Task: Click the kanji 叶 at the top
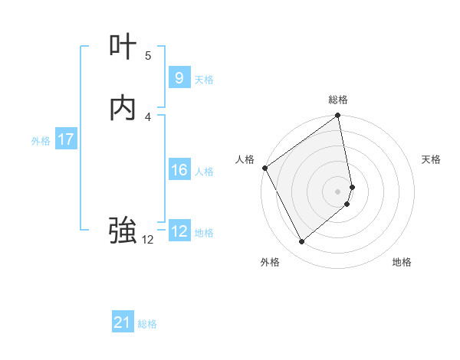tap(123, 48)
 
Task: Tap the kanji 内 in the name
tap(123, 109)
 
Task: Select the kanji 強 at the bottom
tap(123, 229)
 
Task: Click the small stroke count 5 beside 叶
tap(148, 56)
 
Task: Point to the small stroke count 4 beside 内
tap(148, 116)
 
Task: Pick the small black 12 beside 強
tap(147, 240)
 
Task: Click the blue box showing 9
tap(179, 77)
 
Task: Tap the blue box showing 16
tap(179, 170)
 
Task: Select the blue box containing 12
tap(179, 231)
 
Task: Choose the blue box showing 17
tap(65, 139)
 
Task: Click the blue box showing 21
tap(123, 322)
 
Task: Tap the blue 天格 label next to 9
tap(204, 79)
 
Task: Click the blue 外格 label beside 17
tap(41, 141)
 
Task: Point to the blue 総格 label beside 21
tap(147, 324)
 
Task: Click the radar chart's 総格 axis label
tap(338, 100)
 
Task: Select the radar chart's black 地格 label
tap(402, 262)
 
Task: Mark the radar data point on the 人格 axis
tap(264, 168)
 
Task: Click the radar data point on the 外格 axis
tap(301, 242)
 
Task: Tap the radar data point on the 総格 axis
tap(338, 116)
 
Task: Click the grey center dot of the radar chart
tap(338, 191)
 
